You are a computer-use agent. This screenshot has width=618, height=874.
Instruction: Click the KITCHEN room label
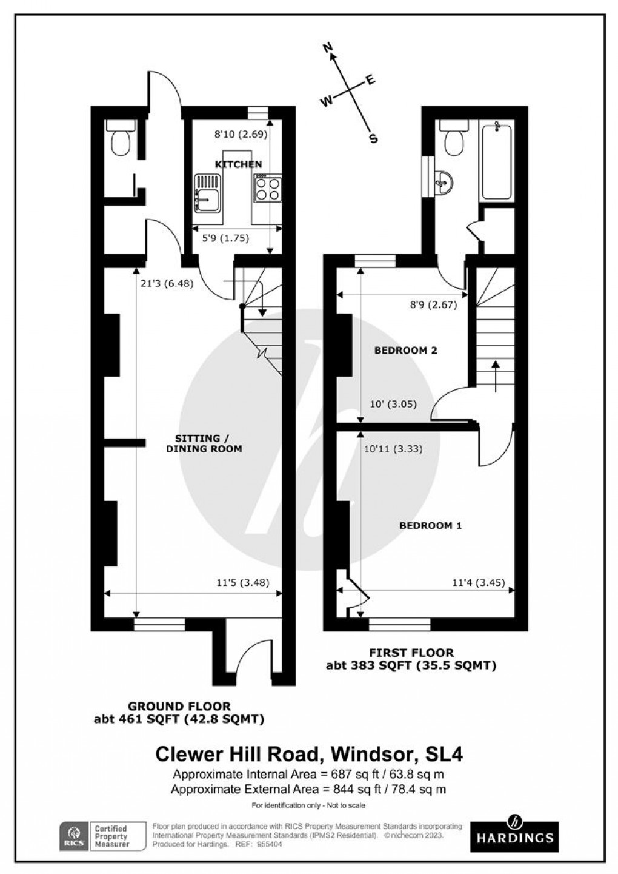[239, 164]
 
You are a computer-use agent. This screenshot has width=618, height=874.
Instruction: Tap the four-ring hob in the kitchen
[267, 189]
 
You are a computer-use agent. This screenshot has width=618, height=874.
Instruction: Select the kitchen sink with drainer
[208, 193]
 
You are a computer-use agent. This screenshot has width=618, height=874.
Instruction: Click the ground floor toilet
[121, 138]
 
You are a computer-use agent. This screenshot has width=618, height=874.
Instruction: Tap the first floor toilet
[454, 138]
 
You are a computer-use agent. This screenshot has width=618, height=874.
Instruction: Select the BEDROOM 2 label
[405, 351]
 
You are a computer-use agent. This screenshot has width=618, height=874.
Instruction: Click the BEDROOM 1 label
[431, 526]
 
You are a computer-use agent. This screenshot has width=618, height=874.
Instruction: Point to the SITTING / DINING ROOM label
[204, 443]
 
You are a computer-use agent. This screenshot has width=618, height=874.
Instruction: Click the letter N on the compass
[328, 48]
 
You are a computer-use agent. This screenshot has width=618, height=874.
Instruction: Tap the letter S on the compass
[374, 138]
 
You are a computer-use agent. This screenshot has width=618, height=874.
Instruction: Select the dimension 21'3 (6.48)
[167, 283]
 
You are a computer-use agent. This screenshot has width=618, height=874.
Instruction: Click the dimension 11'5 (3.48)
[243, 583]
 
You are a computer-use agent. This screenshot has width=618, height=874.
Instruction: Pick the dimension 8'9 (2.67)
[433, 304]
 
